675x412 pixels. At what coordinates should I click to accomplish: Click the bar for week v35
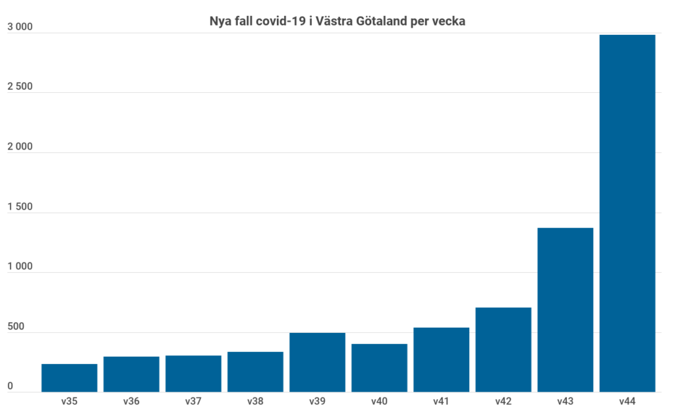pos(69,378)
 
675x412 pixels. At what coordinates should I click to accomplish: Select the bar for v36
pos(131,374)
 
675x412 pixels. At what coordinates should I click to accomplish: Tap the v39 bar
pos(317,362)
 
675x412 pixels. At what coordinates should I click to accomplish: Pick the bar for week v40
pos(379,368)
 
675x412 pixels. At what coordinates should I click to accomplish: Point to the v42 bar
pos(503,349)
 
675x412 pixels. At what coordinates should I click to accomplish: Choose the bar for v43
pos(565,310)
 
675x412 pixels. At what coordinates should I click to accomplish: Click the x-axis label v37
pos(193,401)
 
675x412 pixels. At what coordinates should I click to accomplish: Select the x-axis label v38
pos(255,401)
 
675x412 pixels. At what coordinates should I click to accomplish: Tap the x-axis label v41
pos(441,401)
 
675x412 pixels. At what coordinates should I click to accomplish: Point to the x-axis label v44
pos(627,401)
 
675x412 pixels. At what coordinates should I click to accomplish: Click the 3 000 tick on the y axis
pos(20,27)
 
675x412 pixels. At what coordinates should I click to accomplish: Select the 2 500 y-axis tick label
pos(20,87)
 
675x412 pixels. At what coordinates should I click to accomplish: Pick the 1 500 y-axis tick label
pos(20,207)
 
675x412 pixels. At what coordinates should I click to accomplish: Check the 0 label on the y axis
pos(10,387)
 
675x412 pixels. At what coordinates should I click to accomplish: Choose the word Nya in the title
pos(221,21)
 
